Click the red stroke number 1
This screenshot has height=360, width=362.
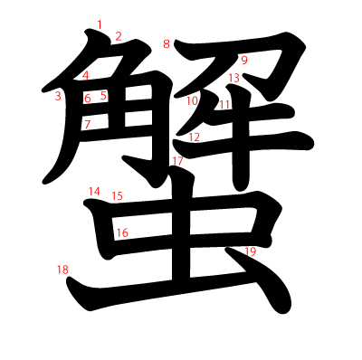pos(100,24)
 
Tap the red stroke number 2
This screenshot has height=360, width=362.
pos(118,36)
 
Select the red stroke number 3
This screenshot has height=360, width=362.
pos(58,96)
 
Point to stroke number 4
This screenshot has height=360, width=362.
pos(86,76)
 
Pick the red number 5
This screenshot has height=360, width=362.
pos(103,95)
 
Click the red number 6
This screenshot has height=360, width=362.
pos(88,98)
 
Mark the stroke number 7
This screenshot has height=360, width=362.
pos(88,125)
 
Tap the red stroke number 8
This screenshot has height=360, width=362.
pos(167,43)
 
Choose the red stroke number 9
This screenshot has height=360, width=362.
pos(244,61)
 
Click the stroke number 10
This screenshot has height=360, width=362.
pos(193,101)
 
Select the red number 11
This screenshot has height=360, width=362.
pos(224,104)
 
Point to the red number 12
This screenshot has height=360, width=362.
pos(194,137)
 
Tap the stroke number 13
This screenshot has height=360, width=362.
pos(233,79)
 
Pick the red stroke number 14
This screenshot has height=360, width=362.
pos(94,191)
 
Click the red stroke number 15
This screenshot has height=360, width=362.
pos(117,195)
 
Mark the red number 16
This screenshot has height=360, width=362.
pos(123,232)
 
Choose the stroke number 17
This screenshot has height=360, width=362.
pos(177,160)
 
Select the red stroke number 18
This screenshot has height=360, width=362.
pos(62,270)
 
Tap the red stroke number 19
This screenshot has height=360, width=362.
pos(251,251)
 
